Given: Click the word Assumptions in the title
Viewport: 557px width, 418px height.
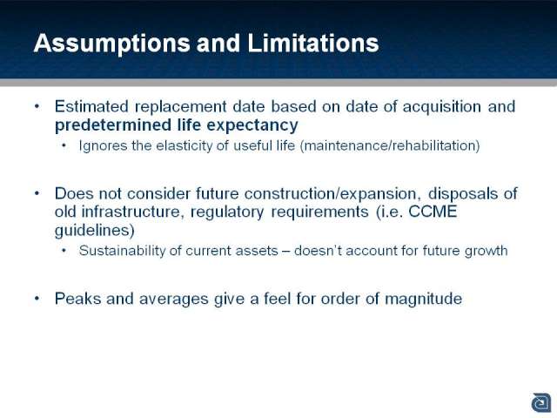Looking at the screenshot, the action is (x=111, y=44).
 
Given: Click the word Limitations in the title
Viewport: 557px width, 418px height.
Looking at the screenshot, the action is (x=313, y=43).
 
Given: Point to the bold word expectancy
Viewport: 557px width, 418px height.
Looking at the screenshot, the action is (x=252, y=125).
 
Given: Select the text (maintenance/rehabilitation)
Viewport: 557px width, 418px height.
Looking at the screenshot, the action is (x=390, y=145).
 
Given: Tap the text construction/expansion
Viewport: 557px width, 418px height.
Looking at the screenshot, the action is (x=331, y=194).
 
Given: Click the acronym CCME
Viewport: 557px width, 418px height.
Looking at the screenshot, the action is (x=433, y=212).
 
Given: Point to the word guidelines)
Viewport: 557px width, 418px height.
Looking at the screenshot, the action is (x=95, y=230).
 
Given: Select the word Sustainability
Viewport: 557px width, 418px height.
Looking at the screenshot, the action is (x=122, y=251).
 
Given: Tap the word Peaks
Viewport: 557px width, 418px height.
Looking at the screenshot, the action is (x=77, y=299).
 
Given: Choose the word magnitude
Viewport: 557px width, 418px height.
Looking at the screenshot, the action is (x=424, y=299).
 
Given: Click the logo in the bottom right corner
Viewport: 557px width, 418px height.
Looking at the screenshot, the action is (x=541, y=403).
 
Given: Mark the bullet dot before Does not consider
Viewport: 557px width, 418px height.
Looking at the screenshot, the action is (x=37, y=193).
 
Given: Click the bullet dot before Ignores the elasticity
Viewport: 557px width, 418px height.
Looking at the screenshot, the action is (x=64, y=145).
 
